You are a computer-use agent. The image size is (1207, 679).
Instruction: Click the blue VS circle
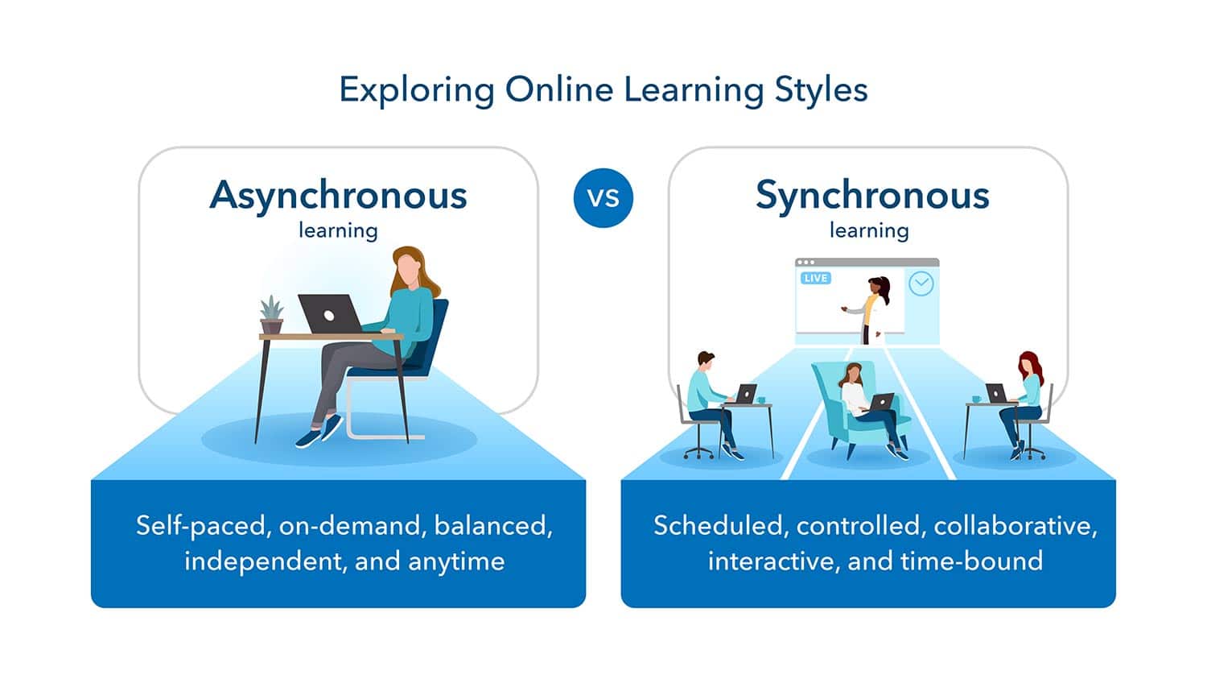[603, 197]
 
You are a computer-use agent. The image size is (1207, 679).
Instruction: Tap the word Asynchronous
[338, 196]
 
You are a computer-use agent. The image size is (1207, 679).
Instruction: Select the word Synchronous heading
[872, 196]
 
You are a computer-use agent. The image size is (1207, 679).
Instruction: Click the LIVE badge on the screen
[815, 278]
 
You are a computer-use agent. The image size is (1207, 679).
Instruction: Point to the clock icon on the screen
[921, 284]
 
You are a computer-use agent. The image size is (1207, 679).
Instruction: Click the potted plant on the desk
[271, 315]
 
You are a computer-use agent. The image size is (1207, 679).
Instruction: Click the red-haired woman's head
[1029, 365]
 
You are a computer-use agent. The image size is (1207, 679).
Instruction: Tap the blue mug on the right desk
[976, 399]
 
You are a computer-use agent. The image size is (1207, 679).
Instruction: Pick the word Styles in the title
[821, 89]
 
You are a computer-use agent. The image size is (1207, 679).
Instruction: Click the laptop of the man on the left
[746, 394]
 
